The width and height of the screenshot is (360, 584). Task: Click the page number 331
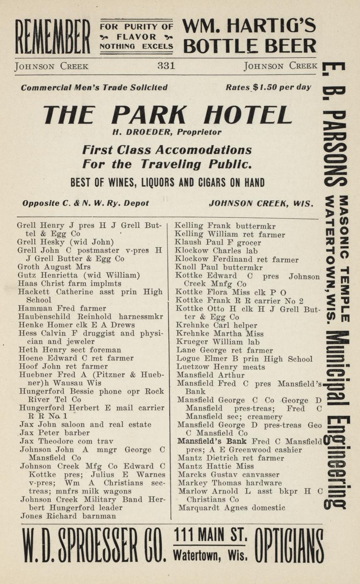pos(166,66)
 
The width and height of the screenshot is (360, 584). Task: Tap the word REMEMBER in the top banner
pos(52,38)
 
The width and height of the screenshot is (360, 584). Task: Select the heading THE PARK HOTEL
pos(168,114)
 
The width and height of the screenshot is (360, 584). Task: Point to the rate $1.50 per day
pos(268,88)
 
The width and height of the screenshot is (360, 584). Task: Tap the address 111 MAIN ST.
pos(210,536)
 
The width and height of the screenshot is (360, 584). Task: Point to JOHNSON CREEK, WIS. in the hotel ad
pos(261,203)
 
